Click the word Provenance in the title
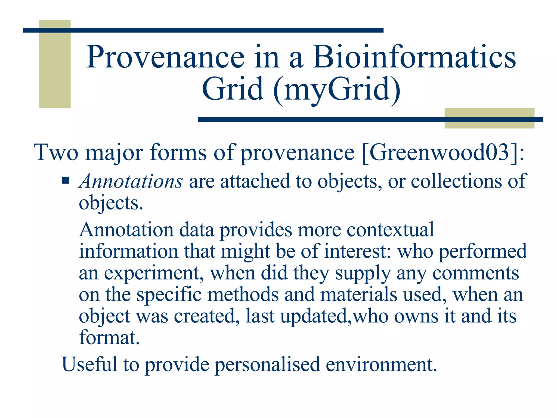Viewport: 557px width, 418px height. pos(165,57)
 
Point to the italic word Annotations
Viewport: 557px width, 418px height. pos(131,181)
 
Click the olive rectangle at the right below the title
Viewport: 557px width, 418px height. pos(489,124)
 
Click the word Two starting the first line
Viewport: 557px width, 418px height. pos(56,152)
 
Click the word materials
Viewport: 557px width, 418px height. pos(358,295)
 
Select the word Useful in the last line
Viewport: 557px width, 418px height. pos(89,364)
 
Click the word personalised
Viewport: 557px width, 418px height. pos(267,365)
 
